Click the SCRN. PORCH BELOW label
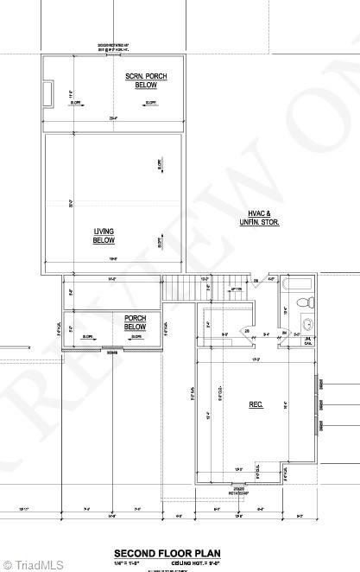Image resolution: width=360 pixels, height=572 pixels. (x=147, y=81)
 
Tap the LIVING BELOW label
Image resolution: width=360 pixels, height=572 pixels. (x=104, y=235)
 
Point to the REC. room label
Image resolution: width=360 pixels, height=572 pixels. (x=256, y=404)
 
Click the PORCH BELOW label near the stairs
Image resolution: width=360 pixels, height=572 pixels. (x=135, y=323)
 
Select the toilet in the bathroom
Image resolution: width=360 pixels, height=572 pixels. (x=301, y=302)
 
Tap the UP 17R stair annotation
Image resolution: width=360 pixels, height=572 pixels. (x=234, y=289)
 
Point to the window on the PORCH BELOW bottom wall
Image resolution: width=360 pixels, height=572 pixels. (x=112, y=350)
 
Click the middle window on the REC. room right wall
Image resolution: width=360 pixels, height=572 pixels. (x=320, y=404)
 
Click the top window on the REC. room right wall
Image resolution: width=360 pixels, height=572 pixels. (x=320, y=385)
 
